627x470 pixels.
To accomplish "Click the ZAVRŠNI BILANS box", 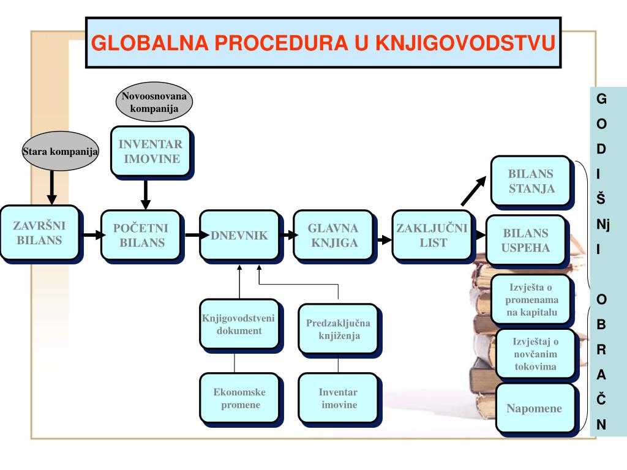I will click(39, 233).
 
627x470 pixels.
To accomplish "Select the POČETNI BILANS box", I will click(142, 236).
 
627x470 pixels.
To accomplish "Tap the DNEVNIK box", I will click(239, 236).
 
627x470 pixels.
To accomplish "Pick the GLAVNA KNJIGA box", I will click(332, 236).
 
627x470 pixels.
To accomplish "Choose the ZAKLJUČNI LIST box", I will click(432, 236).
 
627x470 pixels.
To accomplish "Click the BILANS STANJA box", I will click(531, 181).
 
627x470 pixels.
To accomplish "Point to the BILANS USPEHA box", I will click(525, 241).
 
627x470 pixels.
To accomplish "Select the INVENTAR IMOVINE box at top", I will click(150, 151).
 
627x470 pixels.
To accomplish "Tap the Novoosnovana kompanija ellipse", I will click(154, 102).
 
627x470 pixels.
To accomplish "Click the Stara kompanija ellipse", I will click(59, 151).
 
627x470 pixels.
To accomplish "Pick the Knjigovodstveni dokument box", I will click(239, 324).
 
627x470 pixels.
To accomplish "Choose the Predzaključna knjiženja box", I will click(338, 329).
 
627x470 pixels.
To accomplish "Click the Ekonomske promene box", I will click(239, 398).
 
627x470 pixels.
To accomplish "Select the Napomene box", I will click(535, 408).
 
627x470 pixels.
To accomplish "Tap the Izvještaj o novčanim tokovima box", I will click(535, 354).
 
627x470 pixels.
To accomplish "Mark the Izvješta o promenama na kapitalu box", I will click(531, 299).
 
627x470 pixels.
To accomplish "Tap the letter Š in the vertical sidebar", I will click(601, 198).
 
